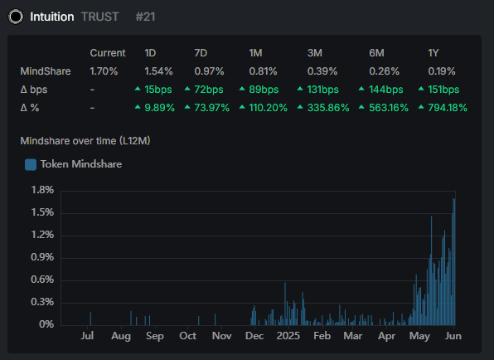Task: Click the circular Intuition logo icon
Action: [16, 16]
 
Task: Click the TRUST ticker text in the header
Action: [100, 17]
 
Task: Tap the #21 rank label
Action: [146, 17]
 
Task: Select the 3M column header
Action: [315, 53]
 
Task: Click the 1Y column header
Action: [433, 53]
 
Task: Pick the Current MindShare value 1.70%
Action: [104, 71]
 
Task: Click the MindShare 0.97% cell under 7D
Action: [209, 71]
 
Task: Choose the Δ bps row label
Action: [35, 90]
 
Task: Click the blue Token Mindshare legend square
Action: [31, 164]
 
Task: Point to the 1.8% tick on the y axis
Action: [41, 190]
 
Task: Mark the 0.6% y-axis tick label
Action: [41, 280]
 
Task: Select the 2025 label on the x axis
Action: [288, 337]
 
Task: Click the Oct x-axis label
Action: [187, 337]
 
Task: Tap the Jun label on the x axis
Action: [453, 337]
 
